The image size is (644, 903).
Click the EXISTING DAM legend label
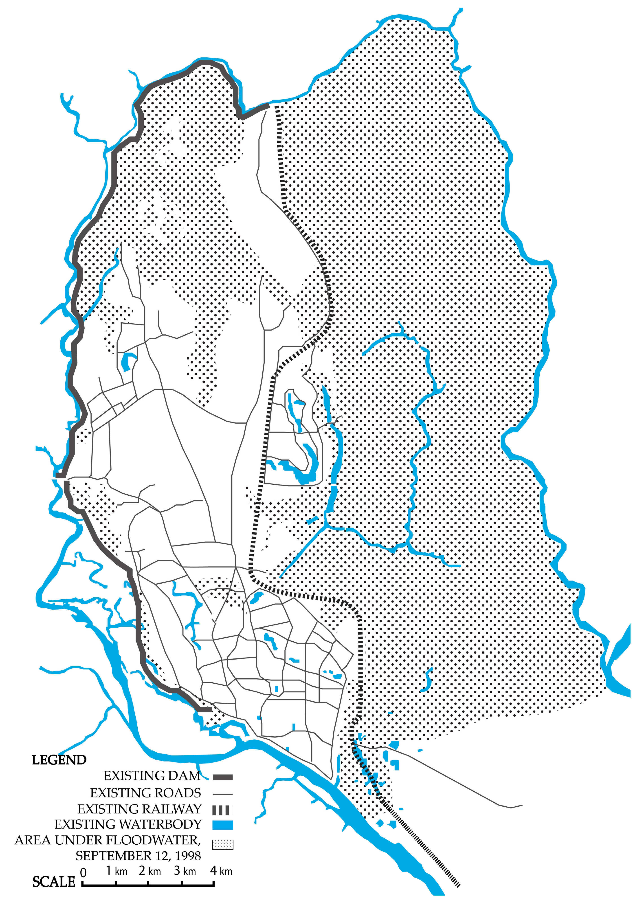(x=152, y=776)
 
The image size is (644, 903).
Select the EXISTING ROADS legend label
(x=145, y=793)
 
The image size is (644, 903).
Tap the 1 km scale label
(x=116, y=871)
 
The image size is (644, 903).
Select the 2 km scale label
(x=149, y=871)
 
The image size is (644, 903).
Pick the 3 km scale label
(x=185, y=871)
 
